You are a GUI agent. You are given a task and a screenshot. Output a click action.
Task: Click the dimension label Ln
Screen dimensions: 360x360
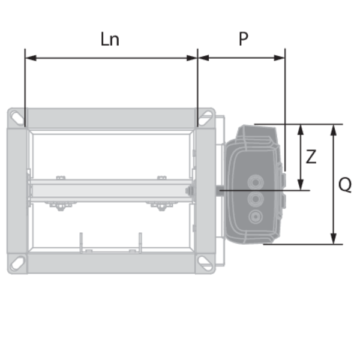[110, 39]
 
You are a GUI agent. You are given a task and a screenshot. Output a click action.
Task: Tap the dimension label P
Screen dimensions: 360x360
[244, 39]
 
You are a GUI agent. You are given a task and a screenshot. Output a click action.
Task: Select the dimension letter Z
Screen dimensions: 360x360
[311, 157]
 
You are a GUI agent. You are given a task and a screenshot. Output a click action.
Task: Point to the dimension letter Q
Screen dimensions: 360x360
[345, 185]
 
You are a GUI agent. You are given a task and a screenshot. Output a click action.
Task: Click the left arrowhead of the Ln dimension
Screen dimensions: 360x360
[31, 58]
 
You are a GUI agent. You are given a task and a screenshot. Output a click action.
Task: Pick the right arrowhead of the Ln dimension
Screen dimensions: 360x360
[192, 58]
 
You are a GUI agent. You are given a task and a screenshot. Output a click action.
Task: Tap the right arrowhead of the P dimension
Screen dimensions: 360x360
[280, 58]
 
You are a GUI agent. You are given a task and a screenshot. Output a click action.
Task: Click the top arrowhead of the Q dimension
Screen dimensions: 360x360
[334, 130]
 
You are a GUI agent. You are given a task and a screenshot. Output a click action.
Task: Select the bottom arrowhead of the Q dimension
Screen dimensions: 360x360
[334, 239]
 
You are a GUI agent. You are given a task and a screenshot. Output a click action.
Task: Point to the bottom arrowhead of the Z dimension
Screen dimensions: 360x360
[301, 185]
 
